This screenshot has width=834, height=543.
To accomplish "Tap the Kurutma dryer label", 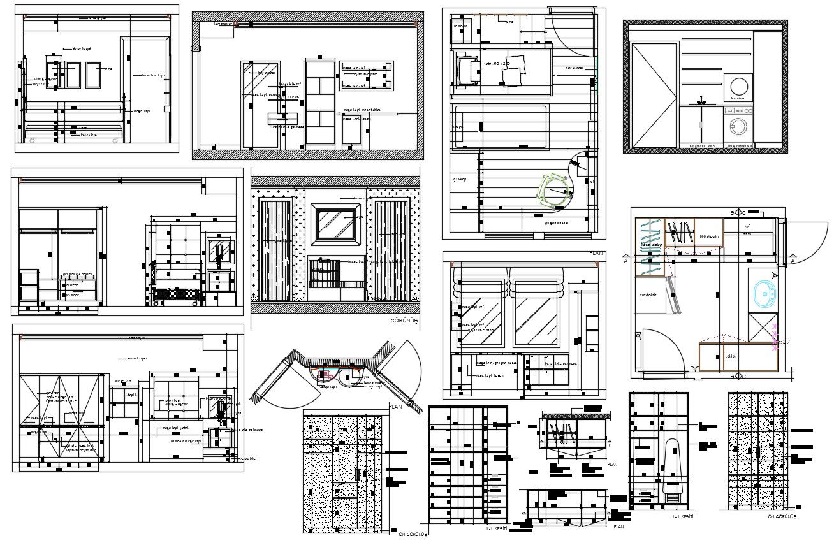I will point(738,99).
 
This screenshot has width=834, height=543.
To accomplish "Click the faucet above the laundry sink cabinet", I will point(701,100).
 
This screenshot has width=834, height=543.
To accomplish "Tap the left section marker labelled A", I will point(627,261).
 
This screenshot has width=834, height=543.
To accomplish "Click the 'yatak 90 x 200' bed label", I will point(498,64).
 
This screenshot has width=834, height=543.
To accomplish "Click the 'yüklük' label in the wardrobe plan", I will point(731,357).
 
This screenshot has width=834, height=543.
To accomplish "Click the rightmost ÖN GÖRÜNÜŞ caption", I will point(778,517).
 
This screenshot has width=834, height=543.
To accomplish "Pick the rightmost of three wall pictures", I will point(94,75).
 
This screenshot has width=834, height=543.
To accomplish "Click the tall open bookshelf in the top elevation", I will point(319,103).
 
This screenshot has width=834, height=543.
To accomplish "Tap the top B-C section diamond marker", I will point(741,212).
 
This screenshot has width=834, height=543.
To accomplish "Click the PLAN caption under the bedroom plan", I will point(596,253).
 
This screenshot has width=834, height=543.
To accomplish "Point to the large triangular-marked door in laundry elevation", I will point(654,95).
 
